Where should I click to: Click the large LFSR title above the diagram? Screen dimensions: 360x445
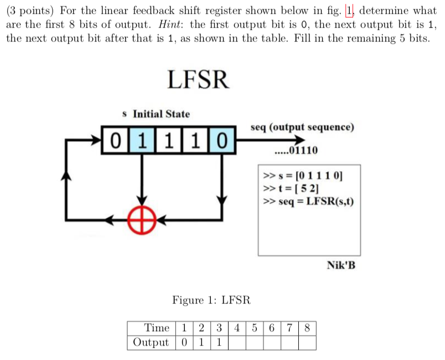(198, 80)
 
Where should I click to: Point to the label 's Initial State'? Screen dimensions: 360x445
(156, 114)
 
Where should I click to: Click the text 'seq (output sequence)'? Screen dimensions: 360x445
(302, 127)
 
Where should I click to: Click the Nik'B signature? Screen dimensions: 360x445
(341, 265)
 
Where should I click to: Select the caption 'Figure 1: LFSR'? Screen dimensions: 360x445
(211, 300)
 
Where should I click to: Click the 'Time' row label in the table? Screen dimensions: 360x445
(157, 327)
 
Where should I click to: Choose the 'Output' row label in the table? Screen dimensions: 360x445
(151, 342)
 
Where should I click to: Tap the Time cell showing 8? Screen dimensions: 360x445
(308, 327)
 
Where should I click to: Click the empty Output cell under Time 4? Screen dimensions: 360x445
(237, 342)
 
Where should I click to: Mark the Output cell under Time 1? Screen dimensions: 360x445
(185, 342)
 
